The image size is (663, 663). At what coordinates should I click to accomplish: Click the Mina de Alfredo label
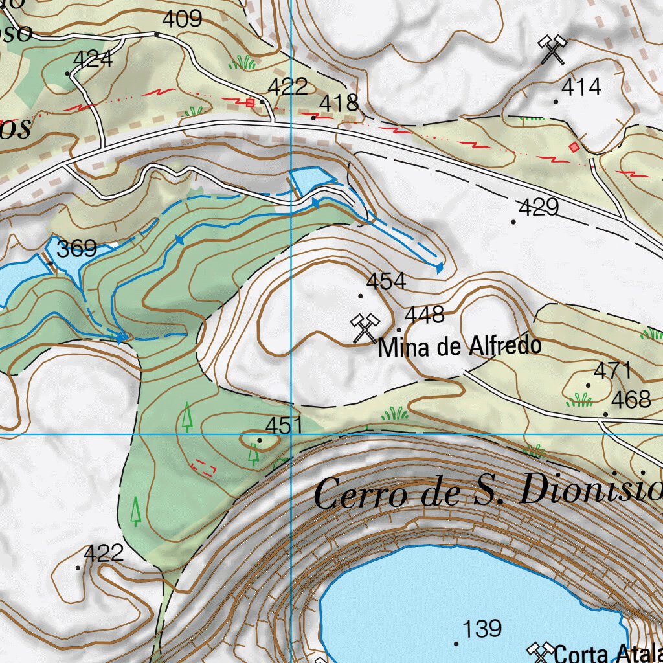pyautogui.click(x=459, y=346)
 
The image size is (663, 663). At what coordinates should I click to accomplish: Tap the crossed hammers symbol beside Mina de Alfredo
pyautogui.click(x=365, y=328)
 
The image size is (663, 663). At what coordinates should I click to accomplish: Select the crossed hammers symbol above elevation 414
pyautogui.click(x=552, y=51)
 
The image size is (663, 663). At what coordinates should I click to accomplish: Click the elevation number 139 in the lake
pyautogui.click(x=482, y=628)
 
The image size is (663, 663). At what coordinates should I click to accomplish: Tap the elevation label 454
pyautogui.click(x=386, y=281)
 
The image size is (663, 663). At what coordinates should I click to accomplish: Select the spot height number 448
pyautogui.click(x=424, y=315)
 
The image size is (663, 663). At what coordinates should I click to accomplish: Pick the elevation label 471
pyautogui.click(x=612, y=371)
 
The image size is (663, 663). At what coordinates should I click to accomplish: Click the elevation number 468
pyautogui.click(x=631, y=399)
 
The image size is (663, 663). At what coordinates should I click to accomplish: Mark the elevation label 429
pyautogui.click(x=539, y=207)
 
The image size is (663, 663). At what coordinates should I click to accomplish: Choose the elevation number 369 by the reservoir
pyautogui.click(x=77, y=249)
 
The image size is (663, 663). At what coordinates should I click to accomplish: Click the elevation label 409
pyautogui.click(x=182, y=19)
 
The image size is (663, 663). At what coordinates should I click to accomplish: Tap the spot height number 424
pyautogui.click(x=93, y=60)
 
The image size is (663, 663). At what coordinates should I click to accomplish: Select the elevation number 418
pyautogui.click(x=339, y=103)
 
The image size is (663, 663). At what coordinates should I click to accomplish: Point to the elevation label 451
pyautogui.click(x=284, y=425)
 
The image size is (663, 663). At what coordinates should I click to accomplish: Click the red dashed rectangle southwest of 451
pyautogui.click(x=204, y=467)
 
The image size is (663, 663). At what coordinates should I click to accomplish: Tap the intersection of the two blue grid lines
pyautogui.click(x=292, y=434)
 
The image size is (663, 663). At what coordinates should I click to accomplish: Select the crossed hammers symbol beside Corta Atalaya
pyautogui.click(x=539, y=653)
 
